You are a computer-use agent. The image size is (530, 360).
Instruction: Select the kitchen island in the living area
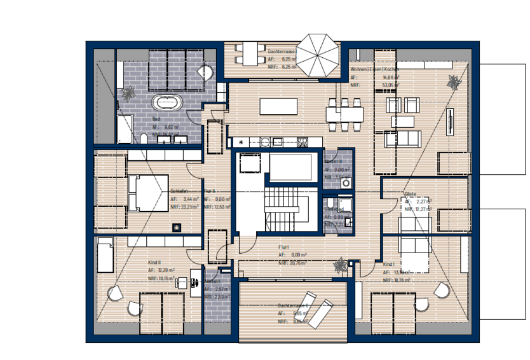coord(278,106)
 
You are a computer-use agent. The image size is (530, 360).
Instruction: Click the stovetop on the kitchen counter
coord(300,141)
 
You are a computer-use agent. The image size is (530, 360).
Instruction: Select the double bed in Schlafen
coord(146,192)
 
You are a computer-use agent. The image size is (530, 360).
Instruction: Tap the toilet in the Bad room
coord(144,139)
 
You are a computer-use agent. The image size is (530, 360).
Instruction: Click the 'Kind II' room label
coord(154,261)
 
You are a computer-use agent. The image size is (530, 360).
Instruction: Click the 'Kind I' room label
coord(390,263)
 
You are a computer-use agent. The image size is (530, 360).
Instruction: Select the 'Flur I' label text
coord(283,247)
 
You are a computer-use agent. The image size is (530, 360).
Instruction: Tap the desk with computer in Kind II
coord(184,280)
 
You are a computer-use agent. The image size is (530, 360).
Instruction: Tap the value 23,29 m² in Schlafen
coord(189,207)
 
